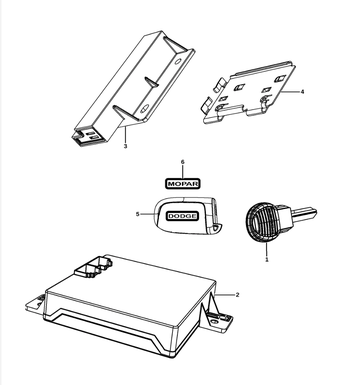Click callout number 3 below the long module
[x=125, y=146]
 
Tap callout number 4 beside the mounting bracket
[x=302, y=92]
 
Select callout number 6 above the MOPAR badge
[x=182, y=162]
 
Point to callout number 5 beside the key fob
[x=137, y=214]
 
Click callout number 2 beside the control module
[x=237, y=295]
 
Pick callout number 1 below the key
[x=266, y=259]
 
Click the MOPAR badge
[x=183, y=183]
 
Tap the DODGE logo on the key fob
[x=182, y=216]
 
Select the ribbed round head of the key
[x=263, y=221]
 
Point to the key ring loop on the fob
[x=216, y=228]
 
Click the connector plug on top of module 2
[x=93, y=267]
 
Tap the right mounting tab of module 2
[x=217, y=321]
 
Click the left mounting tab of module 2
[x=34, y=304]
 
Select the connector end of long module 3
[x=87, y=136]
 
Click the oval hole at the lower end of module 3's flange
[x=145, y=108]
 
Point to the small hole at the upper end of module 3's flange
[x=178, y=61]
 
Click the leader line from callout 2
[x=225, y=295]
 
